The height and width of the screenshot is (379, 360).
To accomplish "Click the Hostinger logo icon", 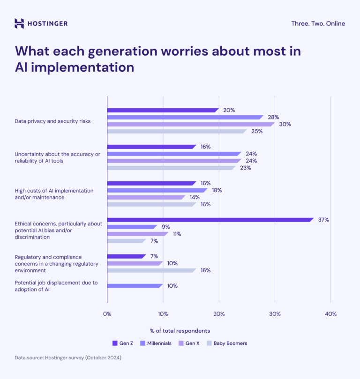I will coord(19,23).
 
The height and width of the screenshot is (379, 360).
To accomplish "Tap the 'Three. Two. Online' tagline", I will coord(318,23).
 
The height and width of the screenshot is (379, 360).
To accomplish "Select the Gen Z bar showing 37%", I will coord(210,220).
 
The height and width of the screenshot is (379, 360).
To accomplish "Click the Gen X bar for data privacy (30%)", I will coord(190,124).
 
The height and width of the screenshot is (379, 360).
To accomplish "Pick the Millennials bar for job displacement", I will coord(135,286).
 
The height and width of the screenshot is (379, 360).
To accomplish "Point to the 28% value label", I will coord(273,117).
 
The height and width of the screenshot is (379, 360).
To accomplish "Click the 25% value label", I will coord(256,131).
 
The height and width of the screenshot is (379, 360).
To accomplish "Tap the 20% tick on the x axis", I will coord(219,313).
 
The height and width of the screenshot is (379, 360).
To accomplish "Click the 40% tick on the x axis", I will coord(330,313).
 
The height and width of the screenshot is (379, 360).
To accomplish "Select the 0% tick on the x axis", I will coord(107,313).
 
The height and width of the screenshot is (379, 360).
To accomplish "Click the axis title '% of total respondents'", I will coord(180,331).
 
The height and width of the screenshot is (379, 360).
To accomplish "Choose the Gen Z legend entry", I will coord(123,343).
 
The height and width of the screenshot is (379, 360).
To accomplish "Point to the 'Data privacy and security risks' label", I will coord(52,121).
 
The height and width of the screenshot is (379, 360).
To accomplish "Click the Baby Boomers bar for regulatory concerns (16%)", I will coord(151,270).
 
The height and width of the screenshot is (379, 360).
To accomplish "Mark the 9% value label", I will coord(165,227).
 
